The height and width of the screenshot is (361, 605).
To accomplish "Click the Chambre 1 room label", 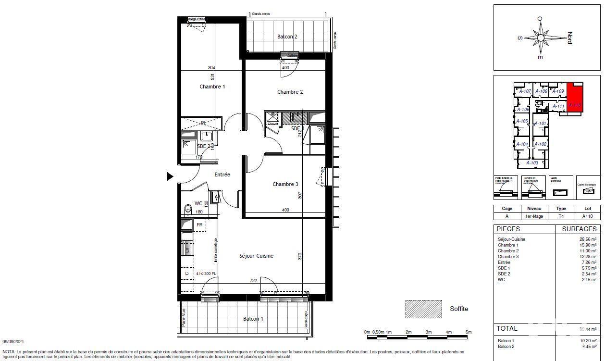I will (212, 87).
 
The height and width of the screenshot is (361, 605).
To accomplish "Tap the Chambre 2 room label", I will (290, 92).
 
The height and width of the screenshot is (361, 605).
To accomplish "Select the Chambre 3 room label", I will (285, 184).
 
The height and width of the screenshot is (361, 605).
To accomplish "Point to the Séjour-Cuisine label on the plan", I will (256, 256).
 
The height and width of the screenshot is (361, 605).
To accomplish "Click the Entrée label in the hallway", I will (222, 174).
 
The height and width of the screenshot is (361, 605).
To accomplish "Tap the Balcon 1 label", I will (253, 319).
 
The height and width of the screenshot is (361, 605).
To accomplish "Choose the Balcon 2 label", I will (287, 37).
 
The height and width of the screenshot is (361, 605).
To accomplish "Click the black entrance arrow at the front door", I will (170, 177).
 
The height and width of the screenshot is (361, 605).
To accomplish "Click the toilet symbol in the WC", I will (187, 210).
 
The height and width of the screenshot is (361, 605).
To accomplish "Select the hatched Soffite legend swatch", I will (423, 309).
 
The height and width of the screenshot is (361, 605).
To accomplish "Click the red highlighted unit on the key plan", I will (574, 99).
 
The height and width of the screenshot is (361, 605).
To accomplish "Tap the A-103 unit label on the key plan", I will (532, 163).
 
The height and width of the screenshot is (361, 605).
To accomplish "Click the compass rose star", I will (541, 37).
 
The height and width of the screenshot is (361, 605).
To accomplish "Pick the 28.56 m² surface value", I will (587, 239).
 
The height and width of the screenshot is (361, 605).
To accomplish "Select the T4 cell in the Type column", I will (561, 216).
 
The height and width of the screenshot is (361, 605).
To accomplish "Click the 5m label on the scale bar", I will (468, 332).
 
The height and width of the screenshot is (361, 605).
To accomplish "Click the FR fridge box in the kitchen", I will (199, 224).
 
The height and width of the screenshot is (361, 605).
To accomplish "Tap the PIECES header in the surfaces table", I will (508, 229).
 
